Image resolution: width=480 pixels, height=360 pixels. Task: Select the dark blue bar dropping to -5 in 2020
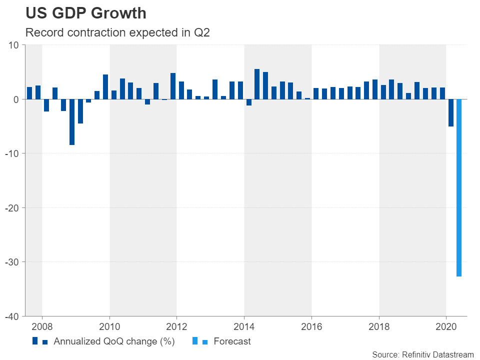coord(450,112)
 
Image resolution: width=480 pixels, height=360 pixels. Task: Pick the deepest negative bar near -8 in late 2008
coord(72,122)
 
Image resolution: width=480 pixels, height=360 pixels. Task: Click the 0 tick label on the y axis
coord(16,99)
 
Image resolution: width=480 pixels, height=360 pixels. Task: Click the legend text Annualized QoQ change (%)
coord(113,342)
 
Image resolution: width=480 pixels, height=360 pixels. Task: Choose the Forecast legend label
coord(232,342)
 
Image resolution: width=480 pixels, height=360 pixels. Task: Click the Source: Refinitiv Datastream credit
coord(422,354)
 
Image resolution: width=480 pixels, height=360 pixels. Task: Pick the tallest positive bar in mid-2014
coord(257,84)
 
